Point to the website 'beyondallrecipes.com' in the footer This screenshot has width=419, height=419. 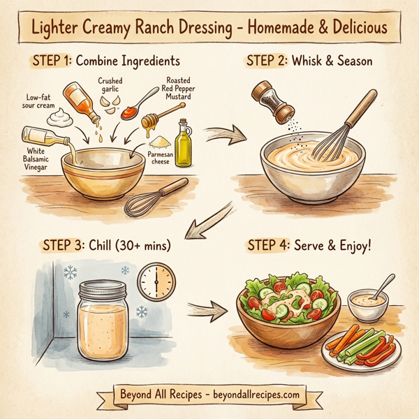point(250,395)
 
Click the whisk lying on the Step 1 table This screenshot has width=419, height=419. point(155,199)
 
